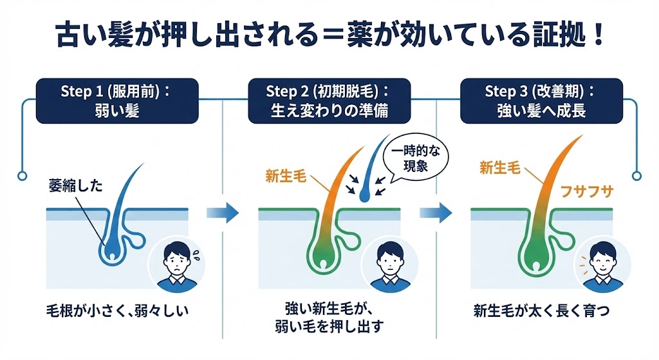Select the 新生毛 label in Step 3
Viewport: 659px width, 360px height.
coord(499,169)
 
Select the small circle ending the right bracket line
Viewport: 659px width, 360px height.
coord(637,175)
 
